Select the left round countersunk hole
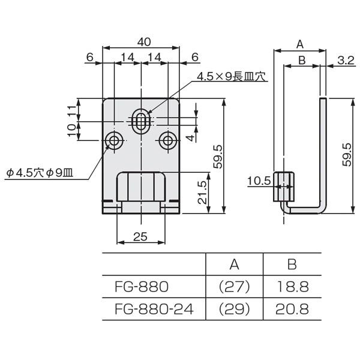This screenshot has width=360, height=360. pos(114,141)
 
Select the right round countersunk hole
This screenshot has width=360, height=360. pos(168,141)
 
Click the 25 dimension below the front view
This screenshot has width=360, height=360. pos(140,236)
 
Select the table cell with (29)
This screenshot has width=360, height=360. pos(235,308)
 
